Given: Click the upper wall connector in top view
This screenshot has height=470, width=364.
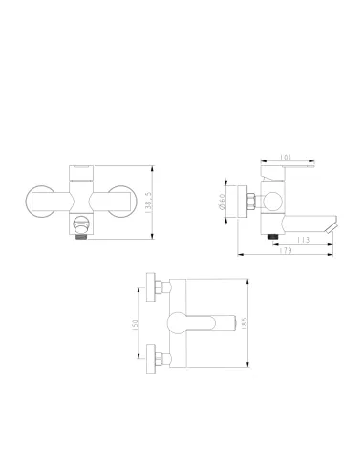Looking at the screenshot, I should coord(156,286).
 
